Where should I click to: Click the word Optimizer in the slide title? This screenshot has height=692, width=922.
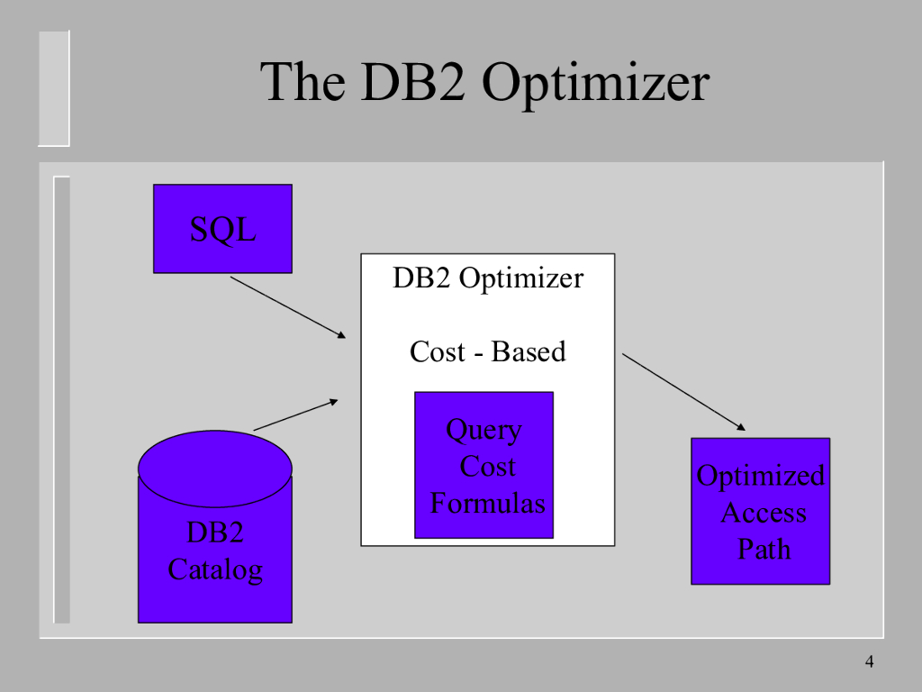595,83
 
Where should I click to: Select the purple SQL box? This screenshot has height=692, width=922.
222,229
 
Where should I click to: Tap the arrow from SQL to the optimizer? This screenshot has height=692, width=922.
288,307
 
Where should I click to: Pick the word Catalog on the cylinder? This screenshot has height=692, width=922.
215,569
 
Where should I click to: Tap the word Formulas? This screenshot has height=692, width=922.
487,503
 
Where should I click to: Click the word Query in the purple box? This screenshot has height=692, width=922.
484,430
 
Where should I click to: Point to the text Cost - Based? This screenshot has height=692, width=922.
487,351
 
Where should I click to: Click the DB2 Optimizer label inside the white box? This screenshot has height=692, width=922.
487,278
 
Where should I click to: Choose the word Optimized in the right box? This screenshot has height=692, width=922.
760,476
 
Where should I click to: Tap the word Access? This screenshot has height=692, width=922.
763,513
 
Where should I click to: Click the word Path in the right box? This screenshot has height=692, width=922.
764,549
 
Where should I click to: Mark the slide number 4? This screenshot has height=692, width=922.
869,663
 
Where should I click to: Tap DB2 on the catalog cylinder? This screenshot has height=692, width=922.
215,533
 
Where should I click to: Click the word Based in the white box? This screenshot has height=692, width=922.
529,351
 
